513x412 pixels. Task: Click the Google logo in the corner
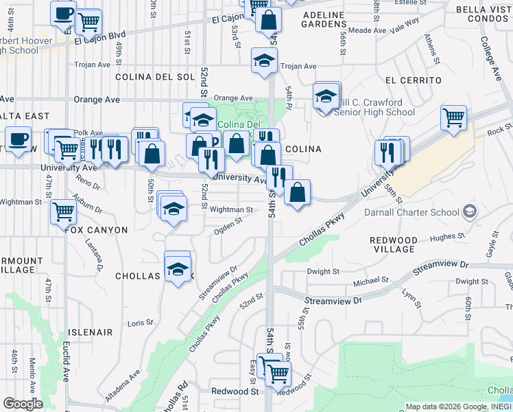pos(23,404)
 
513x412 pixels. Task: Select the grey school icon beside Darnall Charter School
pos(470,211)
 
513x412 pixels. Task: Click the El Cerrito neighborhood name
pos(414,80)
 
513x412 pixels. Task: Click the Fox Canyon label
pos(97,229)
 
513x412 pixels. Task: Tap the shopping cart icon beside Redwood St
pos(277,374)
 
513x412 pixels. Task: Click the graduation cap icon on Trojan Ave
pos(263,61)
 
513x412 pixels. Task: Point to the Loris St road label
pos(140,322)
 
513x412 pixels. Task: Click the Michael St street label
pos(371,281)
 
